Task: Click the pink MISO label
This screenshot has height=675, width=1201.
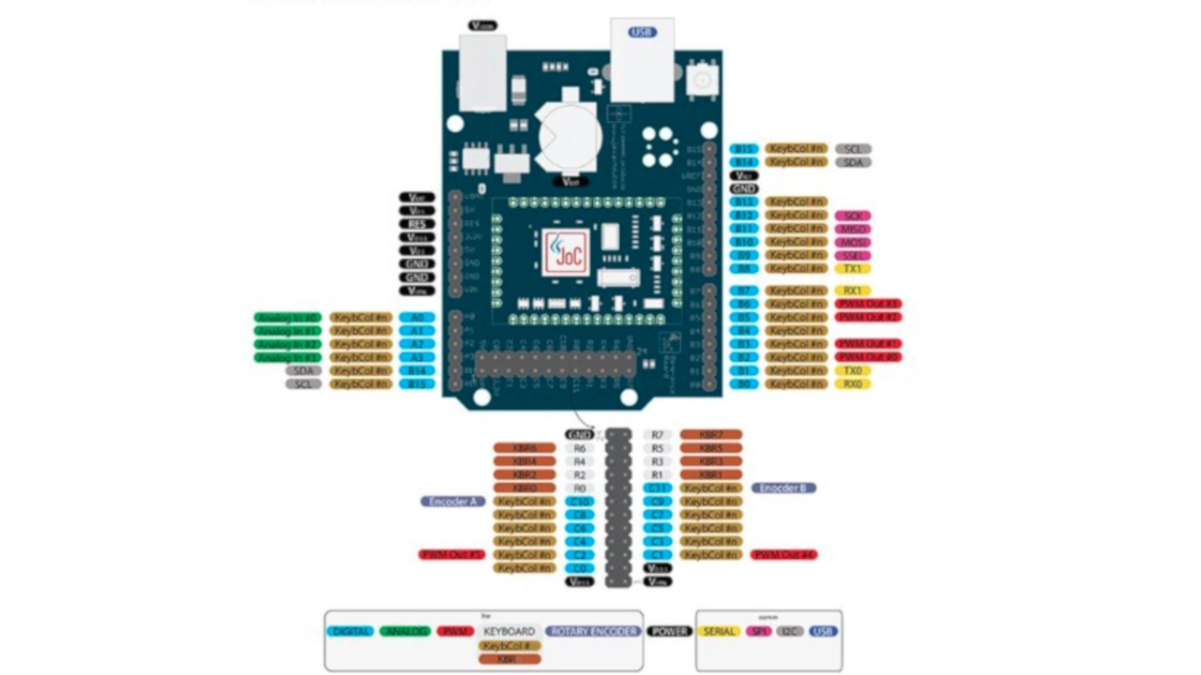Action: click(x=853, y=229)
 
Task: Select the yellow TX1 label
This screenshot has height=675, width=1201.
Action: click(x=853, y=269)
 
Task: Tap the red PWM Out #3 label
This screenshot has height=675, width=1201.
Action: click(x=868, y=304)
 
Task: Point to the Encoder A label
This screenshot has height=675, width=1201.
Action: click(x=453, y=502)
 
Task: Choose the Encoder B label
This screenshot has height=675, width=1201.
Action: click(x=783, y=488)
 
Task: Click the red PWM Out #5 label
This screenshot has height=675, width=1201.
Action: click(x=451, y=555)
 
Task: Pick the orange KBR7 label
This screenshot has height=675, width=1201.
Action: click(x=711, y=435)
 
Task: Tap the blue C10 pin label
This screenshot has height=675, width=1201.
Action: click(x=580, y=502)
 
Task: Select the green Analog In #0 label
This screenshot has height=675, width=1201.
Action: click(x=288, y=318)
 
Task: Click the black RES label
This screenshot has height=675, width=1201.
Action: click(x=417, y=224)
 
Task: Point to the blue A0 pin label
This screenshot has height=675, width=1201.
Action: click(x=417, y=318)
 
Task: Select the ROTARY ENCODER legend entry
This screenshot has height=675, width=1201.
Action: click(x=593, y=632)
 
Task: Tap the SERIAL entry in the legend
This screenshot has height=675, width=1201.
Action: click(x=720, y=632)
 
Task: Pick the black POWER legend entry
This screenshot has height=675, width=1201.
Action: click(x=670, y=632)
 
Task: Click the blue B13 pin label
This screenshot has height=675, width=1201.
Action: click(x=744, y=202)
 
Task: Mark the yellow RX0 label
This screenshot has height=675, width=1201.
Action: click(x=853, y=383)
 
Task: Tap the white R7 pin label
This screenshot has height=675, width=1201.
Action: click(x=658, y=435)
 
